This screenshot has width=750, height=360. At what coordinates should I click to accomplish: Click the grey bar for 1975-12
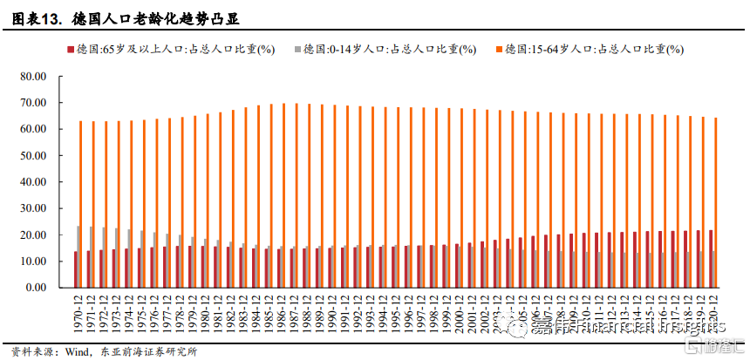click(x=142, y=258)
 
